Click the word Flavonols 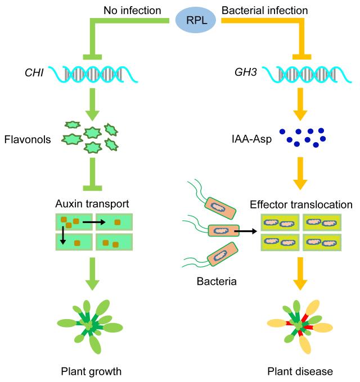(27, 139)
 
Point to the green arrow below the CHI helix (91, 104)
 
